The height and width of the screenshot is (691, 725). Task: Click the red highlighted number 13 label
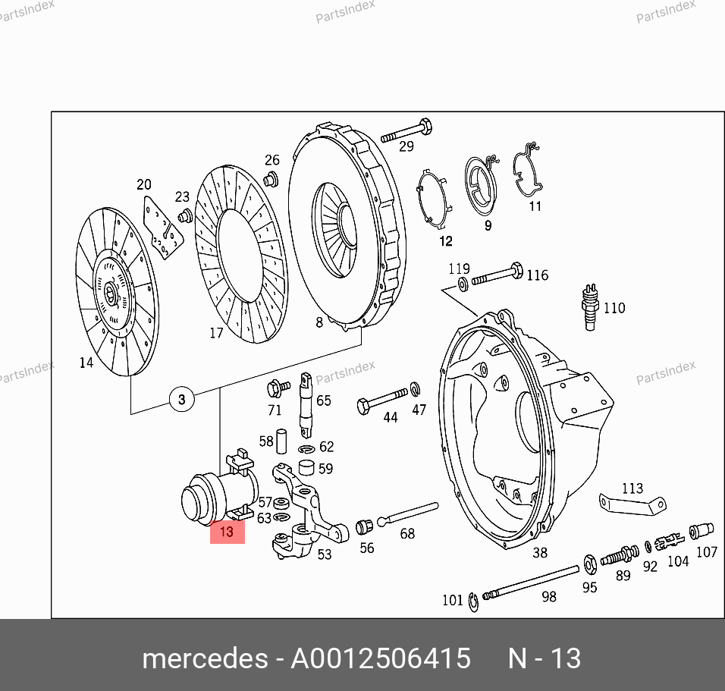pyautogui.click(x=227, y=532)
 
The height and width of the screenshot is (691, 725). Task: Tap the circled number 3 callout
pyautogui.click(x=182, y=399)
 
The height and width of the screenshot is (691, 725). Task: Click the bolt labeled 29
pyautogui.click(x=406, y=131)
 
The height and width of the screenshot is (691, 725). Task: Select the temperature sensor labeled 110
pyautogui.click(x=589, y=307)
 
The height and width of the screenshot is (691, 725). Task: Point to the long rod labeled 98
pyautogui.click(x=531, y=582)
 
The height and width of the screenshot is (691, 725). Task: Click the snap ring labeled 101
pyautogui.click(x=473, y=601)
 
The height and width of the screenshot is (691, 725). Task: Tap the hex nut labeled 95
pyautogui.click(x=591, y=564)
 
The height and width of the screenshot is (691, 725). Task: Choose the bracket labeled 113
pyautogui.click(x=632, y=504)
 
